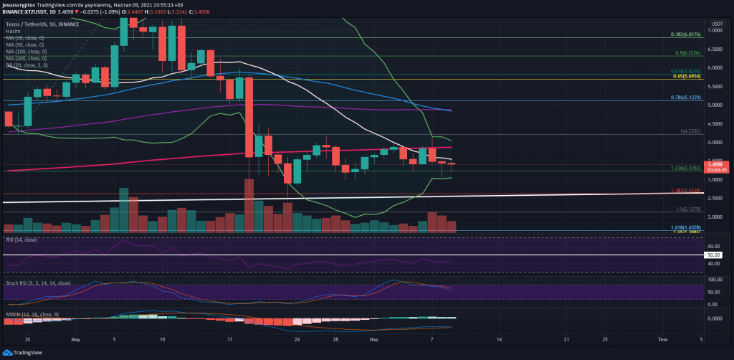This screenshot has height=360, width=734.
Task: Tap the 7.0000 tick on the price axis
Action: pyautogui.click(x=715, y=31)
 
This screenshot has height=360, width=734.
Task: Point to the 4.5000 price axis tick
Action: pyautogui.click(x=715, y=124)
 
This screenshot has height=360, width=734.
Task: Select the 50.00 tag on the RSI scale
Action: pyautogui.click(x=715, y=255)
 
